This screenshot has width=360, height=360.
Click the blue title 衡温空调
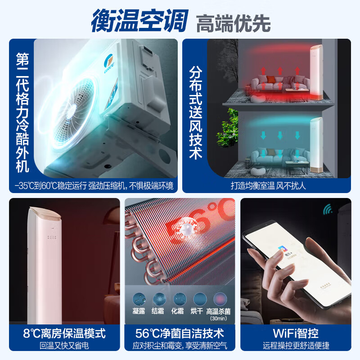pyautogui.click(x=140, y=21)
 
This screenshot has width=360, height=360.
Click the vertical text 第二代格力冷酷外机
pyautogui.click(x=22, y=112)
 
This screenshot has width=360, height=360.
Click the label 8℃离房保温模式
pyautogui.click(x=64, y=333)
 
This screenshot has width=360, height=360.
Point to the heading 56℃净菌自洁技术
pyautogui.click(x=180, y=333)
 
